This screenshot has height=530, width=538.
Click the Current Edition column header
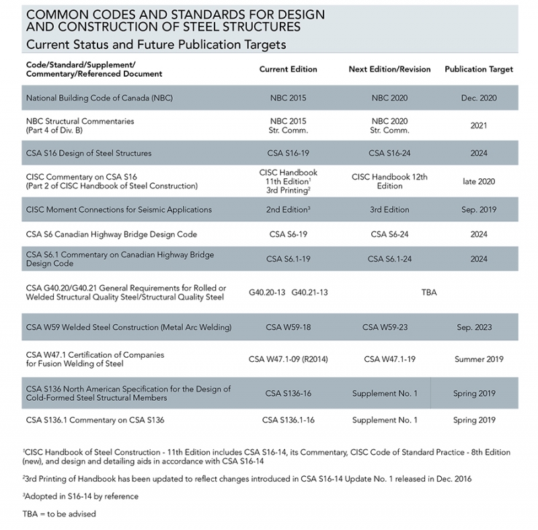tap(288, 69)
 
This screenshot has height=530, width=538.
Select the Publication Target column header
tap(479, 69)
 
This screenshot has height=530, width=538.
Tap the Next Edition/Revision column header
tap(389, 69)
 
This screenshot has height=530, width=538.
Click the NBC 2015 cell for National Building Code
tap(288, 98)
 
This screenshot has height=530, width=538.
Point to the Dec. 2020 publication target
tap(479, 98)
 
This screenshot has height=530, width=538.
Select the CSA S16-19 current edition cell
tap(288, 153)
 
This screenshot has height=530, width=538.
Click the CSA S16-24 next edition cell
tap(389, 153)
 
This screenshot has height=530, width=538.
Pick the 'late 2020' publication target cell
tap(479, 182)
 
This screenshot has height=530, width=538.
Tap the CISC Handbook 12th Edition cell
tap(389, 182)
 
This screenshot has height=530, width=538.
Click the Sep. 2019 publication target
tap(479, 210)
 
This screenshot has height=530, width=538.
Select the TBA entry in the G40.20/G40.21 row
tap(428, 293)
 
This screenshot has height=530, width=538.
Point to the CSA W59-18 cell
tap(288, 328)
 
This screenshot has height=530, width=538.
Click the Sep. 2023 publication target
tap(479, 328)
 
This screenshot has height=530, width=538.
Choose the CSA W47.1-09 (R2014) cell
tap(288, 359)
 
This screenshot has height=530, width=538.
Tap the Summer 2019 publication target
tap(479, 359)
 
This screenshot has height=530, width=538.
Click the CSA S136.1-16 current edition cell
tap(288, 420)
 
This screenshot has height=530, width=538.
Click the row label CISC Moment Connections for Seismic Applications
tap(119, 210)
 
